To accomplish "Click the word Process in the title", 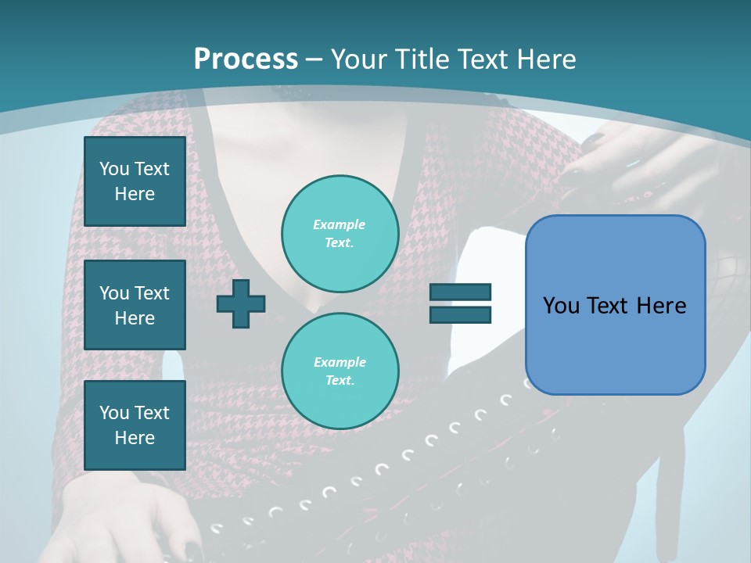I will coord(246,59).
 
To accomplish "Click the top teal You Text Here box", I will coord(135,181).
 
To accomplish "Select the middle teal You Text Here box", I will coord(135,305).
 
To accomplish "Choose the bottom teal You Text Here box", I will coord(135,425).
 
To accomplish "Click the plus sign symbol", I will coord(241,303).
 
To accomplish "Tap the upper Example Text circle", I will coord(340,234).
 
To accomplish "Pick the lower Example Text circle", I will coord(340,371).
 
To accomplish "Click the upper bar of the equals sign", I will coord(460,292).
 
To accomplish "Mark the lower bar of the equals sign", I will coord(460,314).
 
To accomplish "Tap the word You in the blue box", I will coord(561,306).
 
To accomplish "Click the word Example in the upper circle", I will coord(340,224).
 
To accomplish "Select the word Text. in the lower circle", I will coord(340,381).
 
